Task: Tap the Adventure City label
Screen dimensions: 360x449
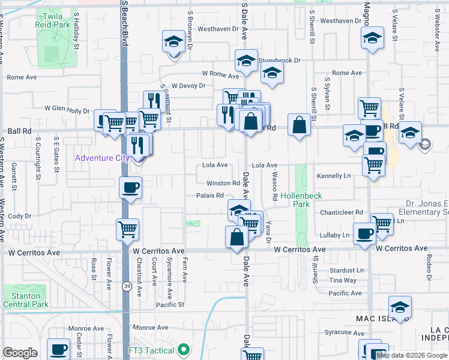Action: tap(101, 158)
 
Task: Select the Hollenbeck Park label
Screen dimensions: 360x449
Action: tap(294, 200)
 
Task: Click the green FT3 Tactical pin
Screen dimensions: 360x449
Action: tap(184, 350)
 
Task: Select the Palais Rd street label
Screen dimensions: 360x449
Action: tap(209, 196)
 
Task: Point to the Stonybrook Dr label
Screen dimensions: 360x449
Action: tap(279, 61)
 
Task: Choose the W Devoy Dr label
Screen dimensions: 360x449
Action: tap(188, 86)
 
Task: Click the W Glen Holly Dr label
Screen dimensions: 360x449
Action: tap(67, 110)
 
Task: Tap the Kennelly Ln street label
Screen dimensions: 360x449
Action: tap(334, 176)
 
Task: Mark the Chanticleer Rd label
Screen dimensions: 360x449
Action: tap(342, 212)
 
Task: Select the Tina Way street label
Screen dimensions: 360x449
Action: tap(343, 280)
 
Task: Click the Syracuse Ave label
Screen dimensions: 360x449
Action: tap(337, 332)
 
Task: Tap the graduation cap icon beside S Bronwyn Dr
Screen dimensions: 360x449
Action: tap(173, 42)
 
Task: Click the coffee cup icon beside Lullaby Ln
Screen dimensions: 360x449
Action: tap(364, 233)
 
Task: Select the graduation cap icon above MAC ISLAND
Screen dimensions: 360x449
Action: tap(400, 308)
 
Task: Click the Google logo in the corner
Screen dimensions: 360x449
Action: tap(20, 353)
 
